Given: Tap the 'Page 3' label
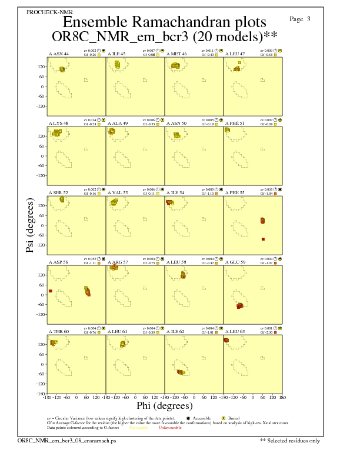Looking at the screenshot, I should tap(300, 19).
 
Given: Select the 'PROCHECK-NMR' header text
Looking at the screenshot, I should tap(46, 12).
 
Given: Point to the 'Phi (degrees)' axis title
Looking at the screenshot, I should tap(164, 405).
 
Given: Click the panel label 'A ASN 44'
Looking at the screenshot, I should tap(58, 54).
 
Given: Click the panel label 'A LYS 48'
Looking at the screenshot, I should tap(58, 123).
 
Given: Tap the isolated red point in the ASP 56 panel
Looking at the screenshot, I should tap(51, 291).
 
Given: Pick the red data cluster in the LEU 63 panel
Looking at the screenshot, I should tap(226, 340).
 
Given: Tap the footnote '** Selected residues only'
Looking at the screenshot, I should tap(290, 440).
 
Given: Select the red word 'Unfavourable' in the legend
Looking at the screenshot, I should tap(171, 428).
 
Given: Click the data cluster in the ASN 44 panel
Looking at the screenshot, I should tap(62, 69).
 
